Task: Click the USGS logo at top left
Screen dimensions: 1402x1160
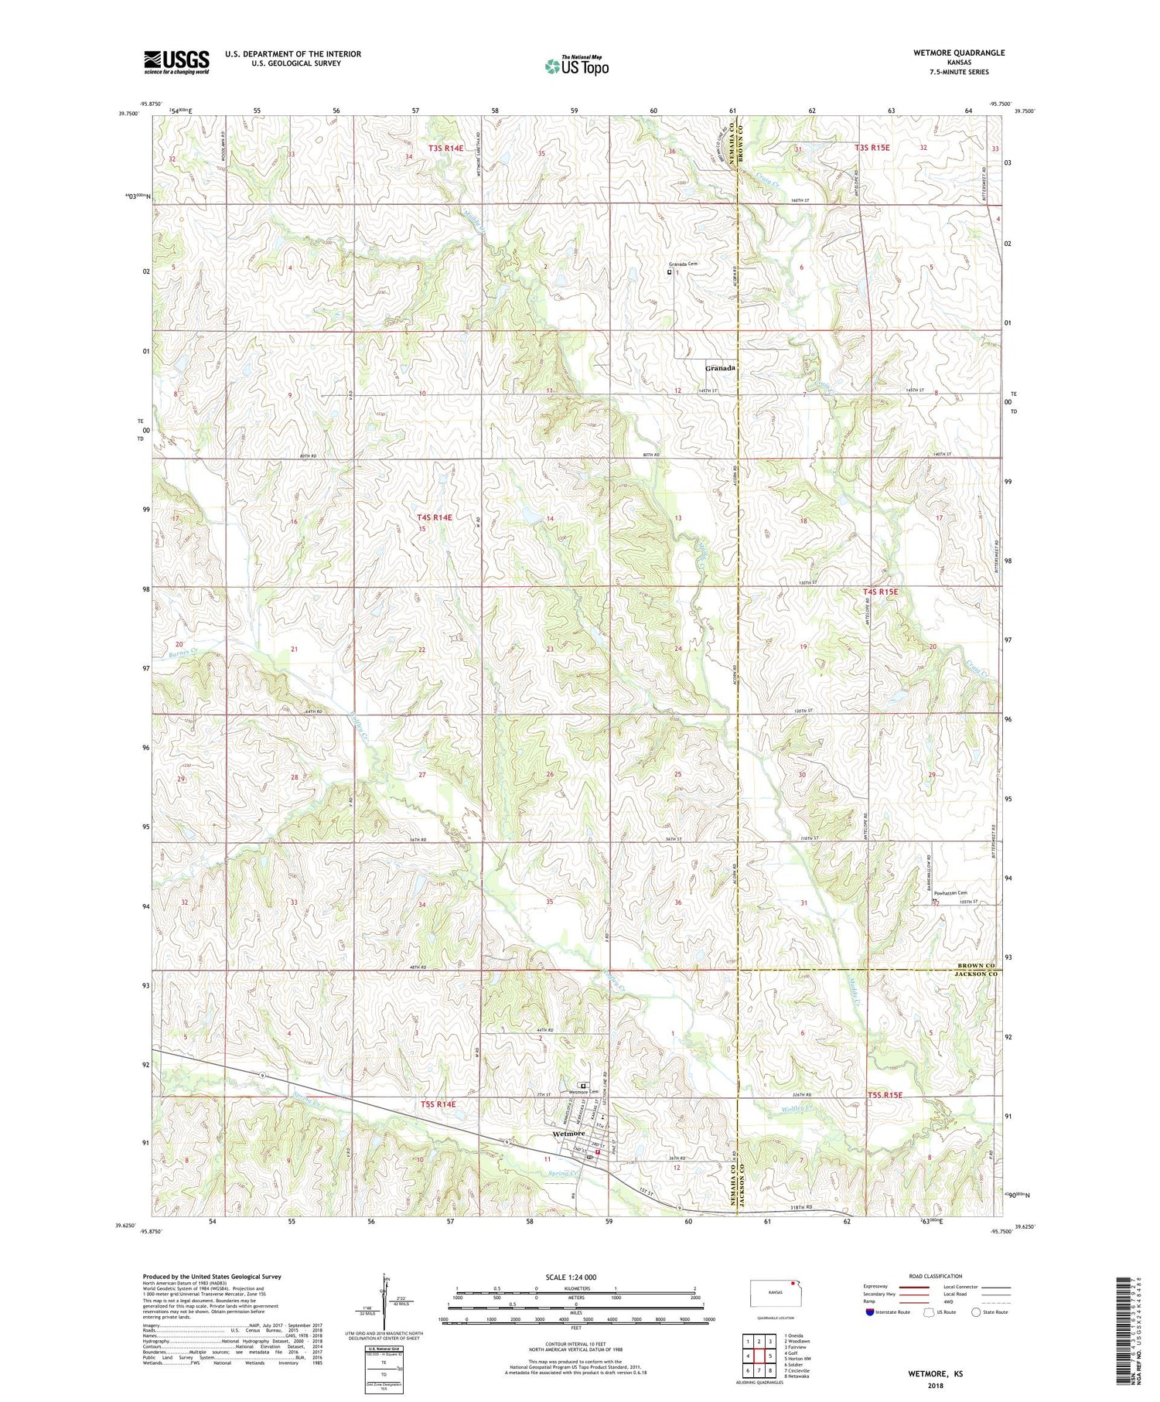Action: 176,62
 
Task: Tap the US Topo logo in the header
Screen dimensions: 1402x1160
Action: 576,67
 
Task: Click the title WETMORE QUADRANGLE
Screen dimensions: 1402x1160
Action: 959,53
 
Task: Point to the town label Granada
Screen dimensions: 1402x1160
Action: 719,368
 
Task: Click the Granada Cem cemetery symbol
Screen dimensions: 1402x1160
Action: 670,271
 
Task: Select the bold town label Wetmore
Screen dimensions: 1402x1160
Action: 569,1133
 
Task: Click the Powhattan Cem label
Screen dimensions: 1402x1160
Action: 950,893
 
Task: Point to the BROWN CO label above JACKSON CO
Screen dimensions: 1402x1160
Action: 976,966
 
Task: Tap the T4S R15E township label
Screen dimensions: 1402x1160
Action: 880,592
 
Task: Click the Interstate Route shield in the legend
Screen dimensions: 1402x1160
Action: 870,1312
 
